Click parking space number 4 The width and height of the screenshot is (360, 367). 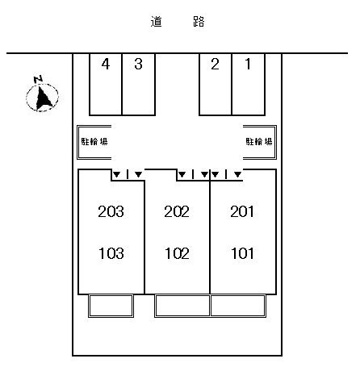(106, 85)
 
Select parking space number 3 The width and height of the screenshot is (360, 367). (139, 85)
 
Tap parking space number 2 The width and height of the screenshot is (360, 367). (216, 85)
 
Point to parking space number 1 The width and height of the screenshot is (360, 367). (249, 85)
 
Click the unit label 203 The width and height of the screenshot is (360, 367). (111, 211)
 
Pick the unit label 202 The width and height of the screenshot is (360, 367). (177, 211)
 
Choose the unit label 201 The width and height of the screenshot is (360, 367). (242, 211)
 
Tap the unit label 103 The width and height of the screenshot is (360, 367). (111, 253)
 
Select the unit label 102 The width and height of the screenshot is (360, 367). (177, 253)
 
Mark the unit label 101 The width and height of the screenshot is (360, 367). (242, 253)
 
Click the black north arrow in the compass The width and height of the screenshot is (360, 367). (43, 98)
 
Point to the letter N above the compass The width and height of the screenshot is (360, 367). (39, 79)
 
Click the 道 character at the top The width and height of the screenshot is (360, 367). (156, 22)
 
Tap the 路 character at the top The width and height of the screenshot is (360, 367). (199, 22)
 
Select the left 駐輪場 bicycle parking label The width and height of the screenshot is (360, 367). (94, 141)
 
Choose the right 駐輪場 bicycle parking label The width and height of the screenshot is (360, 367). (259, 141)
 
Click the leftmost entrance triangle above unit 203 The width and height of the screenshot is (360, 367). (116, 175)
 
